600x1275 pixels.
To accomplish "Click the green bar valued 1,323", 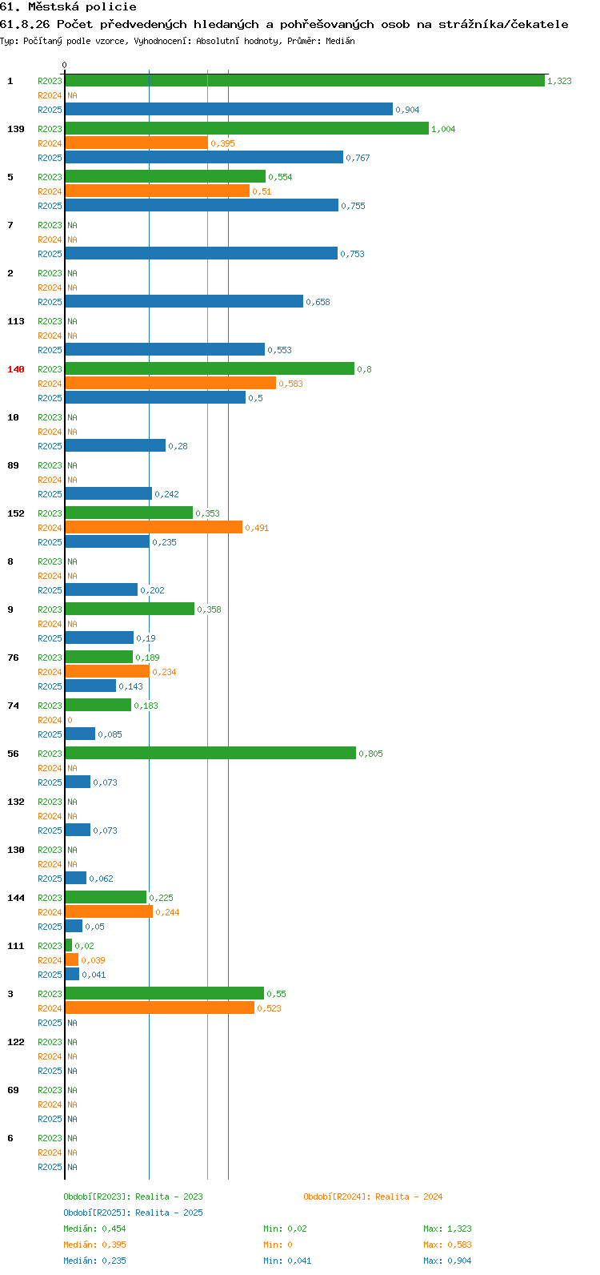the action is [305, 81].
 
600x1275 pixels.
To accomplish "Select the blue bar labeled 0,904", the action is [229, 109].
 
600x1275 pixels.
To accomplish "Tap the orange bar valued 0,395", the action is [137, 143].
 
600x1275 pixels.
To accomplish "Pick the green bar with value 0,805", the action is [210, 753].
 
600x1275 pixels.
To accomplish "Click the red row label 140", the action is [16, 369].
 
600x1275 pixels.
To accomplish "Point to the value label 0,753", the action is [353, 254].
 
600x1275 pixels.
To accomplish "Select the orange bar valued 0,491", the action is [154, 528].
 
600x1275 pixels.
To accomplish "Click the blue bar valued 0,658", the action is [184, 302].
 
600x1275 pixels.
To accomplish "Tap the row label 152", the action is [16, 513].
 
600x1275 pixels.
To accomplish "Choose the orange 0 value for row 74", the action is [70, 720].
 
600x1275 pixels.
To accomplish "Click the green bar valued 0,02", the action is [69, 945].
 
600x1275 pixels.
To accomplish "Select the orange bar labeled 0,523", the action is [160, 1008].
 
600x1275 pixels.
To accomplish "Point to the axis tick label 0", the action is [64, 65].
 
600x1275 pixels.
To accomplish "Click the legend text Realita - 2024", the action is [409, 1197].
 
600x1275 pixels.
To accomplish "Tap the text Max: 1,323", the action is [447, 1229].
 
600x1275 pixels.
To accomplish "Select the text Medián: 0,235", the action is [95, 1261].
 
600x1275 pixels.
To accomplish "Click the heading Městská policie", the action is [82, 7].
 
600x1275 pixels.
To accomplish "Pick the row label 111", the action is [16, 946].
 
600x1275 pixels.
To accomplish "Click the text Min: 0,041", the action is [287, 1261].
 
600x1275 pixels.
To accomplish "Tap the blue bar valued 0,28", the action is [115, 445].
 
